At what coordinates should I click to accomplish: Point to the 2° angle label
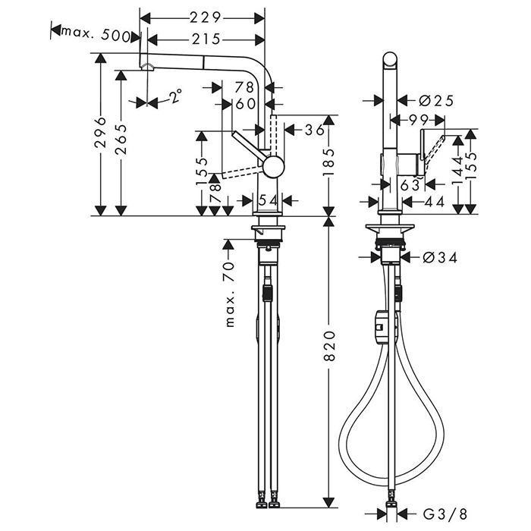[175, 96]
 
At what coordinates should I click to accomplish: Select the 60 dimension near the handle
[245, 104]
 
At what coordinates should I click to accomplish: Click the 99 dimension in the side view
[416, 120]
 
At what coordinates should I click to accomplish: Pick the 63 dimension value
[410, 184]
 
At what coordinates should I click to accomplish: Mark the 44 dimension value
[435, 201]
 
